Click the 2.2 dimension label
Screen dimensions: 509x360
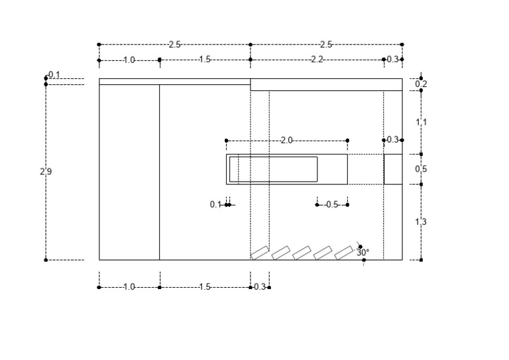pos(317,60)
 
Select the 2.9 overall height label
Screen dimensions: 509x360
pos(46,171)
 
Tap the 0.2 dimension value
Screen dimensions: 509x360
pos(421,84)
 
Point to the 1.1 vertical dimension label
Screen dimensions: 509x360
pos(421,122)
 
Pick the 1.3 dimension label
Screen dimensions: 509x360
pos(421,221)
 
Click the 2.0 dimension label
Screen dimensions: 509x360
pos(286,141)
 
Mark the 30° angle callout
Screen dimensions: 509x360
pos(363,252)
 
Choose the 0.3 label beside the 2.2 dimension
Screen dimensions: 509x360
pos(393,60)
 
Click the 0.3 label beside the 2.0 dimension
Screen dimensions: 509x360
pos(393,140)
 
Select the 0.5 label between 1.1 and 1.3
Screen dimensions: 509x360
pos(421,169)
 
